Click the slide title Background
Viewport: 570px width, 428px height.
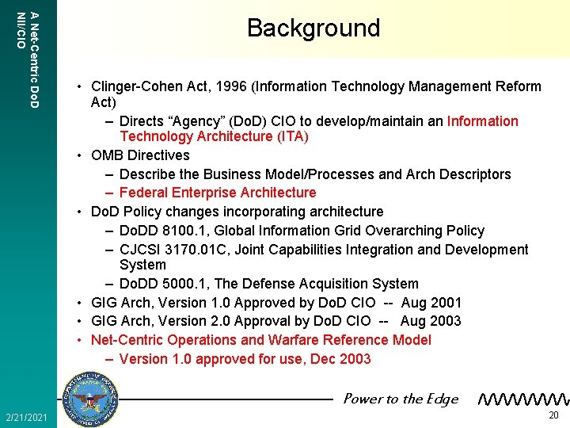tap(313, 29)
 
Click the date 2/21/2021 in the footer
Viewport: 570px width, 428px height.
tap(26, 417)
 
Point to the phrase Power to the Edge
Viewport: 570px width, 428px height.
tap(400, 399)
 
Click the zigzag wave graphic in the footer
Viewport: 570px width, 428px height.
tap(523, 400)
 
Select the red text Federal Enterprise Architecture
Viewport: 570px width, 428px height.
tap(217, 193)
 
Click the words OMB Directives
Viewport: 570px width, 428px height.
tap(140, 155)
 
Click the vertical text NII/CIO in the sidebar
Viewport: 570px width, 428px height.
tap(21, 30)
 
